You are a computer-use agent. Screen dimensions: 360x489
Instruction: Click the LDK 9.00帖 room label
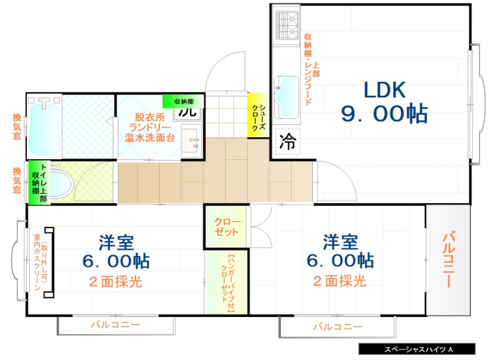(x=383, y=101)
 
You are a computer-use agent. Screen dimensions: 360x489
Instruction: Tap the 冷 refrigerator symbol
(x=288, y=141)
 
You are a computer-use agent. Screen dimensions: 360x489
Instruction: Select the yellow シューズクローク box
(x=257, y=116)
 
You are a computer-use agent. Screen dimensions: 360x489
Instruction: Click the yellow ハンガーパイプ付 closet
(x=221, y=281)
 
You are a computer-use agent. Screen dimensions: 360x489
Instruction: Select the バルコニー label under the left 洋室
(x=115, y=326)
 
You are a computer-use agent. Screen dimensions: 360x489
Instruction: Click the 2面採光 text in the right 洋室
(x=339, y=281)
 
